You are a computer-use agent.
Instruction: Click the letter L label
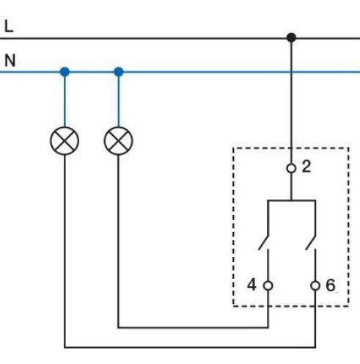(9, 26)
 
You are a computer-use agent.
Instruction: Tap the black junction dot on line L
(291, 37)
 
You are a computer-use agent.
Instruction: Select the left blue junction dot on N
(65, 72)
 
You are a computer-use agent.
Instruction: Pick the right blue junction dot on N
(119, 72)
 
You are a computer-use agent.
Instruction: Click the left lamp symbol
(65, 139)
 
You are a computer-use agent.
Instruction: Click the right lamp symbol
(118, 139)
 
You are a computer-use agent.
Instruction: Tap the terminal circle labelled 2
(291, 168)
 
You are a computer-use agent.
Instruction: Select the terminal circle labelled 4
(268, 285)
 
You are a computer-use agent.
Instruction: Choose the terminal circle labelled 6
(315, 285)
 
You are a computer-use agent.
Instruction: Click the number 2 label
(306, 167)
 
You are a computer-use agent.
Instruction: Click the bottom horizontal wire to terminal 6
(191, 346)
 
